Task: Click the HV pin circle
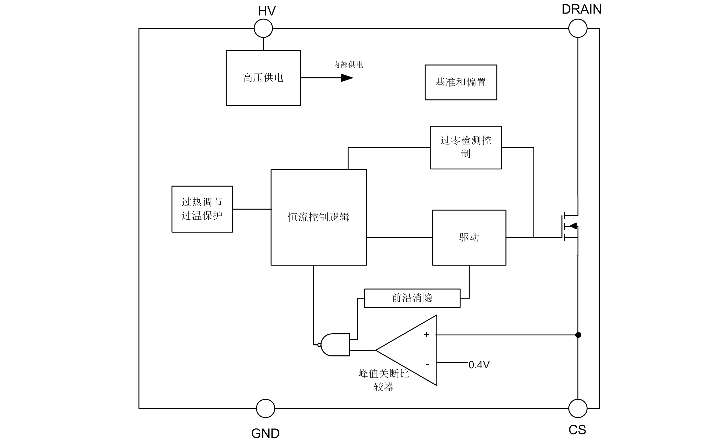263,28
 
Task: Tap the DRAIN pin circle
578,28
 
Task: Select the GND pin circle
265,408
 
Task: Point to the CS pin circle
578,408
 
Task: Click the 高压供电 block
263,78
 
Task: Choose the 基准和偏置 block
461,83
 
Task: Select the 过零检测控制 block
466,148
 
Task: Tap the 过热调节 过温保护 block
202,209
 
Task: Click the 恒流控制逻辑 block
319,217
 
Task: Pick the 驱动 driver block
469,237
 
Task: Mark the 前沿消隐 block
412,298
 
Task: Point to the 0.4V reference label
479,365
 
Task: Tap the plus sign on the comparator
426,335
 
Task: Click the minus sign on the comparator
427,365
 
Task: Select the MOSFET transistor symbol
570,226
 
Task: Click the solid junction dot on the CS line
578,335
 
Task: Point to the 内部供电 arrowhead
347,78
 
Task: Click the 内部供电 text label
348,65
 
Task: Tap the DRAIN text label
581,9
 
